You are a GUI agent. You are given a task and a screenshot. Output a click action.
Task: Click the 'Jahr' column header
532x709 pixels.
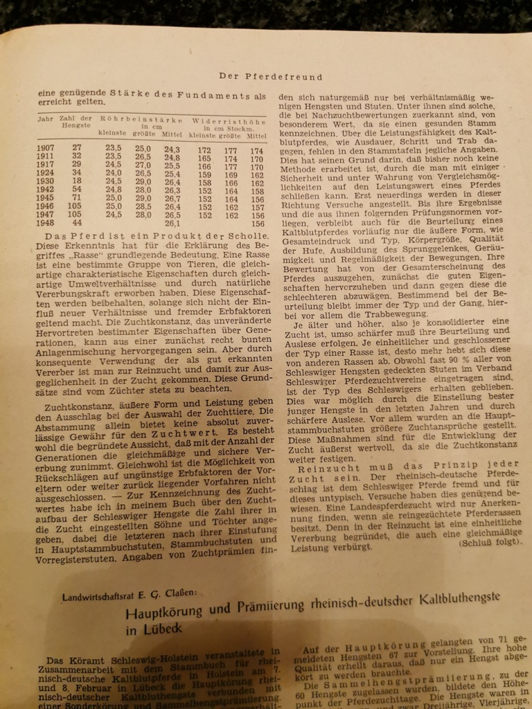click(46, 120)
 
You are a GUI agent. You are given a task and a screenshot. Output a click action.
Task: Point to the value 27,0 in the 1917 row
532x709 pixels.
click(143, 165)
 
